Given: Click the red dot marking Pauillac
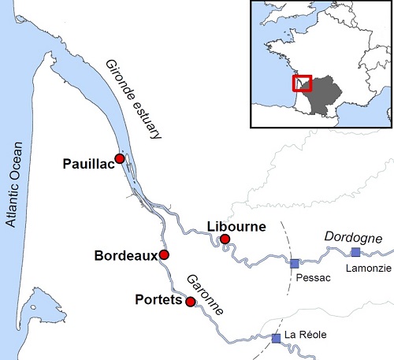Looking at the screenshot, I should tap(120, 158).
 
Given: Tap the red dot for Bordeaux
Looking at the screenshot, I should tap(164, 254).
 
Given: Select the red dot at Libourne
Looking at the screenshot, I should tap(225, 239).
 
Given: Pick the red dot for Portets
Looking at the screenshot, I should tap(190, 301).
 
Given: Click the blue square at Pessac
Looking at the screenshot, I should tap(295, 263).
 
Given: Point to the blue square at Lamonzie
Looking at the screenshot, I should tap(355, 252).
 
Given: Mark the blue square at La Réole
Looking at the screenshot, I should tap(276, 338).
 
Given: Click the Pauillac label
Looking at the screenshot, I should tap(87, 164).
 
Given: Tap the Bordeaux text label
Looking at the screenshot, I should tap(125, 256).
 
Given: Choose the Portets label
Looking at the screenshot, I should tap(158, 300).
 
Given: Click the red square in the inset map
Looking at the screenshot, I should tap(303, 84).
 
